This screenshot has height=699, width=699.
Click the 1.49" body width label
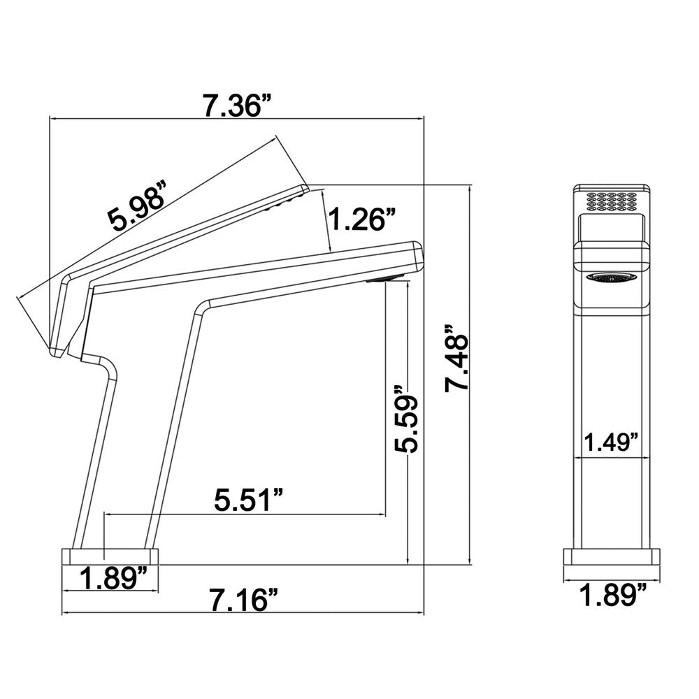click(612, 442)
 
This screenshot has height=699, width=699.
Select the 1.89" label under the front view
click(612, 596)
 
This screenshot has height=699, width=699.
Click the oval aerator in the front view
click(612, 278)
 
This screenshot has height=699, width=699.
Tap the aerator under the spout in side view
click(383, 280)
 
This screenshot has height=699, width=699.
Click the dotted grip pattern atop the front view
click(612, 201)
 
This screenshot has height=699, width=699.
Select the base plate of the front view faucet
click(612, 556)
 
